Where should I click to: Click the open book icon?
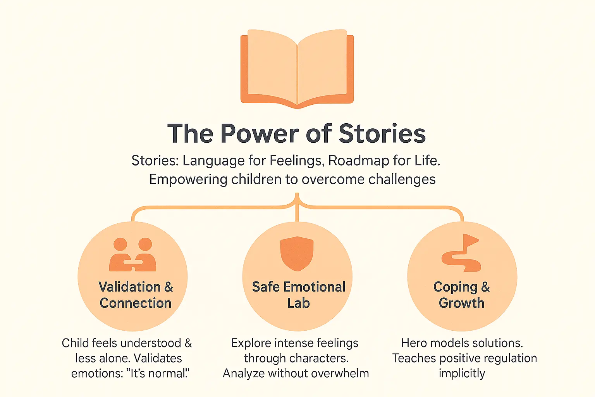click(297, 68)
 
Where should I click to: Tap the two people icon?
click(133, 255)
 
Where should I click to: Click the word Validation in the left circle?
click(129, 287)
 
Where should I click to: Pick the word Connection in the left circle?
click(136, 303)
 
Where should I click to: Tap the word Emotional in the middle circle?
click(314, 287)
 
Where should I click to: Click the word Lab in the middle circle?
click(298, 303)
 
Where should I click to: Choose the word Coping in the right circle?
click(455, 287)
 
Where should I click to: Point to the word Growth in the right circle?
click(461, 303)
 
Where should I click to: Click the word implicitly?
click(462, 374)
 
